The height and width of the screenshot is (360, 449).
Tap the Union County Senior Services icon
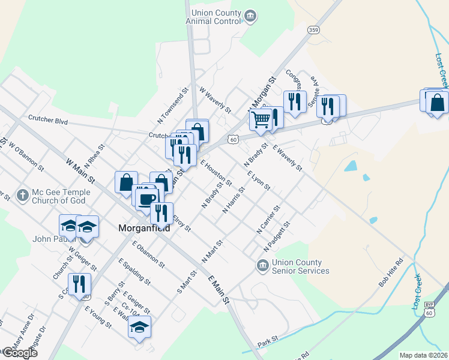tap(262, 265)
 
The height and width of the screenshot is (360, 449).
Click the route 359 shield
tap(313, 29)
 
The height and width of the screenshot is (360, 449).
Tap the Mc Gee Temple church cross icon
tap(23, 196)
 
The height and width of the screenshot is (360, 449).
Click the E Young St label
tap(98, 317)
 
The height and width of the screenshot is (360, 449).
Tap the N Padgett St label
tap(277, 236)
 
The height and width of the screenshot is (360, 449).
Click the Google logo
tap(19, 353)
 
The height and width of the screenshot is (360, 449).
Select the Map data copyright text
tap(423, 355)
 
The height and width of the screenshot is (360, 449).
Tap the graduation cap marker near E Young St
tap(139, 326)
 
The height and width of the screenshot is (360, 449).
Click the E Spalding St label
tap(134, 271)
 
